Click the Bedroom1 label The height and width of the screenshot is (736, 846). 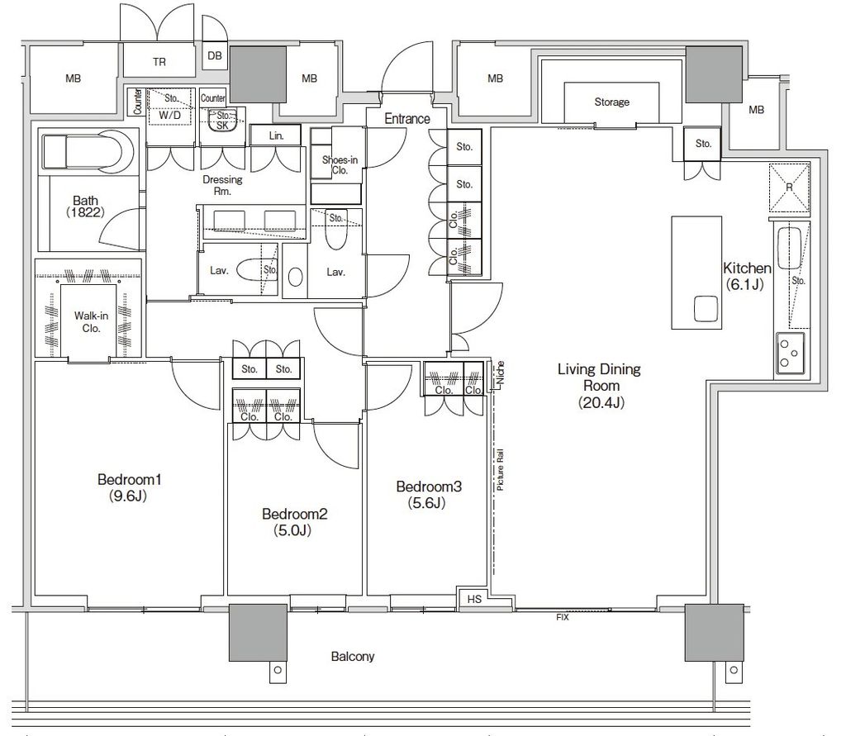130,479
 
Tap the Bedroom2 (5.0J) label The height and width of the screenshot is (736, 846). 295,522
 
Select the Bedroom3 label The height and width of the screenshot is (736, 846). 429,487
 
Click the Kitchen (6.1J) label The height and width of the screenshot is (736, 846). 747,276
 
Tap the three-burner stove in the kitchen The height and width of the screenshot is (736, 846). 791,354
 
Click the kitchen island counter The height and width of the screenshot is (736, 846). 696,273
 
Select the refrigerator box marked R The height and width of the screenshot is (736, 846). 789,188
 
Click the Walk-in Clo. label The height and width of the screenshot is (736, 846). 91,322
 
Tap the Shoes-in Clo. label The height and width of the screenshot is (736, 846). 340,165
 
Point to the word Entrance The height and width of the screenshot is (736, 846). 407,119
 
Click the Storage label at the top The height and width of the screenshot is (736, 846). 612,102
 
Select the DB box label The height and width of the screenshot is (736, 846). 215,55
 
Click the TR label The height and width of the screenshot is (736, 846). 159,62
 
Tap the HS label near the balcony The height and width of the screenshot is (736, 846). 474,599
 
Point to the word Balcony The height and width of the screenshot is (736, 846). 352,657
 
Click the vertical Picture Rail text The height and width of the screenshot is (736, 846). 500,469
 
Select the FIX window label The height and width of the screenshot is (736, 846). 562,617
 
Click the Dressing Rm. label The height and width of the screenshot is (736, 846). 222,185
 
